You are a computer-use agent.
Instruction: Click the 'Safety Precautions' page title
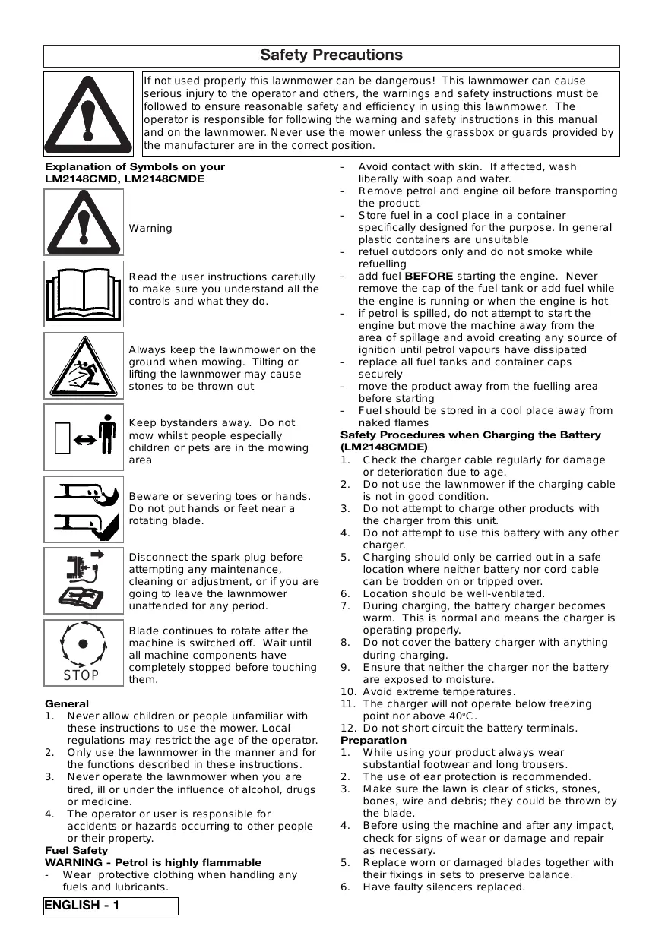331,55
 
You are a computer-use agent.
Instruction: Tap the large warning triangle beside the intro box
88,114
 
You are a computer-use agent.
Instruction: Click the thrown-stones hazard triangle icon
84,366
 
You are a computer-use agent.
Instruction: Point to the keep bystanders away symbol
84,437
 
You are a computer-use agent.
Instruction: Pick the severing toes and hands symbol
84,509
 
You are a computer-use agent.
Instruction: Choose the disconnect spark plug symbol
84,580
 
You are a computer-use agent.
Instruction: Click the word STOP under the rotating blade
81,675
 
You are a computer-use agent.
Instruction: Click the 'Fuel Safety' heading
77,850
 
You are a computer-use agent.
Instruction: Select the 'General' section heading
67,704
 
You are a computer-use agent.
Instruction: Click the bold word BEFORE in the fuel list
429,277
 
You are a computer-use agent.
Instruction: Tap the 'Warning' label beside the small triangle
150,228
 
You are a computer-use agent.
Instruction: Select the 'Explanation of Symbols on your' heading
135,167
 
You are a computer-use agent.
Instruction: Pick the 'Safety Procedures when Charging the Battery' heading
470,435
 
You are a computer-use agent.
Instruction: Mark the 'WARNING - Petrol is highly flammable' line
153,862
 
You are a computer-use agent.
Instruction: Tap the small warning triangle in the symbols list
84,222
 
